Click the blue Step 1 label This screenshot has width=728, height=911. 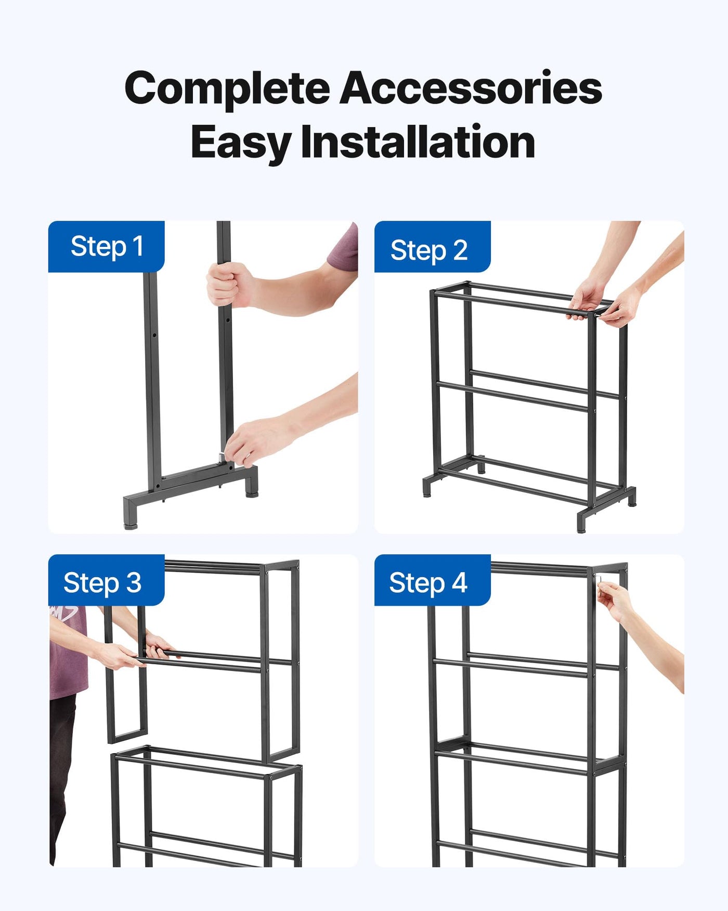click(107, 246)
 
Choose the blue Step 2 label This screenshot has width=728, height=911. click(432, 247)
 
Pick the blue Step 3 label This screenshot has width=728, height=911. click(107, 580)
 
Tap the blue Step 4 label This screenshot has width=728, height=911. click(432, 580)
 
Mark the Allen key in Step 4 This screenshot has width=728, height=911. click(599, 579)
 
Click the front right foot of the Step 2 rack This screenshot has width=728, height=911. click(581, 522)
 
